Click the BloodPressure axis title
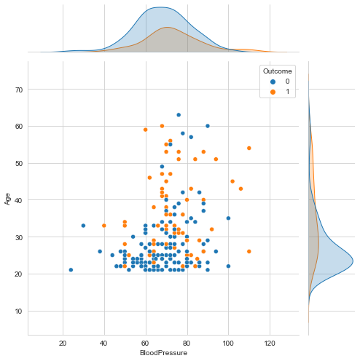click(164, 352)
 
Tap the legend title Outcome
click(278, 70)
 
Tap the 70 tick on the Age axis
click(20, 90)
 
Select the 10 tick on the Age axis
click(20, 311)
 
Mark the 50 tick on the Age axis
click(20, 163)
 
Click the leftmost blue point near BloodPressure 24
click(71, 269)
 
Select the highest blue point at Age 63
click(179, 115)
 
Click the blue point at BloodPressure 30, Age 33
click(83, 226)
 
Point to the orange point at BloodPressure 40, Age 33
click(104, 226)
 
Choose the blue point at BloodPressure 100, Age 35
click(228, 218)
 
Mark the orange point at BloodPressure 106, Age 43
click(240, 189)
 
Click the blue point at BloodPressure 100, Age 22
click(228, 266)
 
